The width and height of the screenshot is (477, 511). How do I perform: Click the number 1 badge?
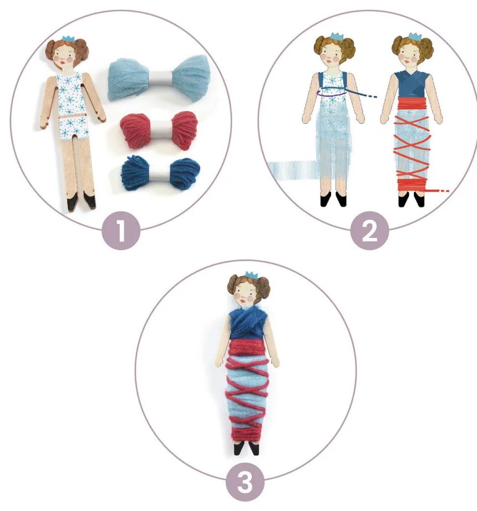pos(121,231)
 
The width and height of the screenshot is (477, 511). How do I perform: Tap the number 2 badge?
pos(369,231)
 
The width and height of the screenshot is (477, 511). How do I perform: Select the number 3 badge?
pos(245,482)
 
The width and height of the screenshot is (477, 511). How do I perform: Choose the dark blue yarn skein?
pos(160,174)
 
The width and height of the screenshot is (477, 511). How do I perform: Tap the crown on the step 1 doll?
pos(69,38)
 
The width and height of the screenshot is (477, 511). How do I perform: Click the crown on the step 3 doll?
pos(251,275)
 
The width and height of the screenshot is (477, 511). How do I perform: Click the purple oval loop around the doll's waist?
pos(331,92)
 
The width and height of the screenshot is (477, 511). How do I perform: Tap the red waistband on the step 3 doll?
pos(246,348)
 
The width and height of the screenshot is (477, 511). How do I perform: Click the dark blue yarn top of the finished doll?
pos(247,324)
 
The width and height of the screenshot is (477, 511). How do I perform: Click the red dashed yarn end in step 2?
pos(440,191)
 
